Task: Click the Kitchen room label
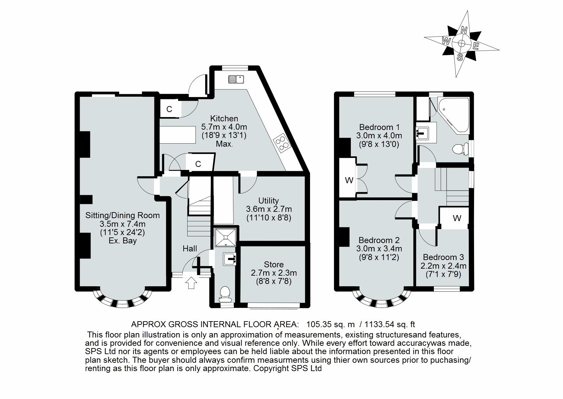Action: [224, 119]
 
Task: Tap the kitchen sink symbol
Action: [236, 79]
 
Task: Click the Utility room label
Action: [269, 200]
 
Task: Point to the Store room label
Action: [274, 264]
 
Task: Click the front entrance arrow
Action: [191, 283]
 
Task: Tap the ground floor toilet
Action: [225, 294]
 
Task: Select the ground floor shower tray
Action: [226, 237]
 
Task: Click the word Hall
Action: [190, 248]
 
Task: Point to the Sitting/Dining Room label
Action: [122, 215]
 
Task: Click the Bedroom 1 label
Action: [379, 127]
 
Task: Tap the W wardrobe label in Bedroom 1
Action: [349, 180]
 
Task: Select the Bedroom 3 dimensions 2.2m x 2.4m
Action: [443, 266]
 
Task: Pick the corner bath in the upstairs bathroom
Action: [453, 114]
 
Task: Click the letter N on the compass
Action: [464, 30]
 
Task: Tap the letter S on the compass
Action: [460, 58]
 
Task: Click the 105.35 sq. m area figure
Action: [330, 324]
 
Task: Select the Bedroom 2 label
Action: [379, 240]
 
